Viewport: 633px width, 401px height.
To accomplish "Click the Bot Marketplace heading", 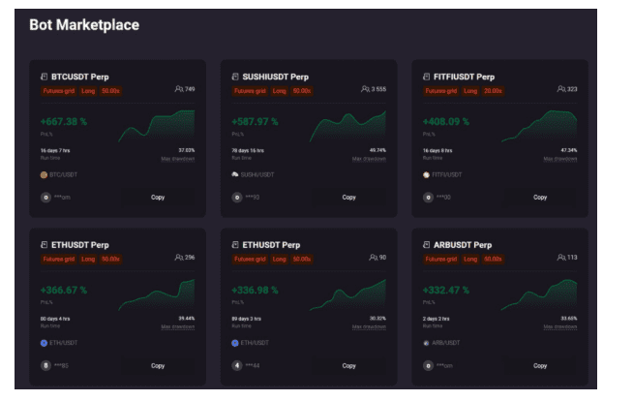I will [x=84, y=25].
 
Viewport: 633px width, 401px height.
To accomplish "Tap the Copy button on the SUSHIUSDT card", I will [x=348, y=197].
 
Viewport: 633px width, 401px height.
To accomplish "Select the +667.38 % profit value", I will [x=64, y=122].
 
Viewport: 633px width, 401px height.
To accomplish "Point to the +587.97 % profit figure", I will [x=256, y=122].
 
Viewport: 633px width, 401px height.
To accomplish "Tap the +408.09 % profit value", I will [x=446, y=122].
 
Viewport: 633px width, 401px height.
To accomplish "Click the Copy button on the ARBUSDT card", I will [x=539, y=365].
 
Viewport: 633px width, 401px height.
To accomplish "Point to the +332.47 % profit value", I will [x=446, y=290].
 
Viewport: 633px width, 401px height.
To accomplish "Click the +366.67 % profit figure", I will [x=64, y=290].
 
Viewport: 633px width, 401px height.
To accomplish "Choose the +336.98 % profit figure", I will [x=256, y=290].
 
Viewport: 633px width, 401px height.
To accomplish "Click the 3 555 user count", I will [x=377, y=89].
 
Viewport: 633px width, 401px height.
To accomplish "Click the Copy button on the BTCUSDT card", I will [x=158, y=197].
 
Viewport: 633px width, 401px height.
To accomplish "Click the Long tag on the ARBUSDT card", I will [x=469, y=259].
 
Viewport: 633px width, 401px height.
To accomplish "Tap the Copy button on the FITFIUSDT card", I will [x=539, y=197].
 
